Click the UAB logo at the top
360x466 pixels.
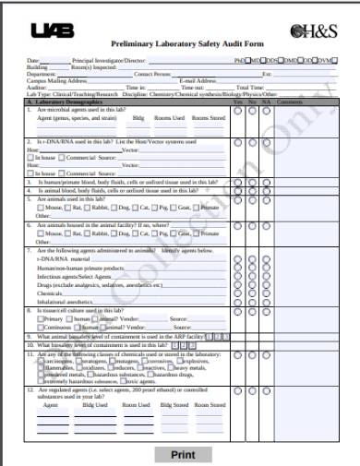53,30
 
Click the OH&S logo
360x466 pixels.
313,30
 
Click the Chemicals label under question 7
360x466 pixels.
50,293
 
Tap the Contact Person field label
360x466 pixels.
153,74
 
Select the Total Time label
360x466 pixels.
254,88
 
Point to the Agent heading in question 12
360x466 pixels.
50,404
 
